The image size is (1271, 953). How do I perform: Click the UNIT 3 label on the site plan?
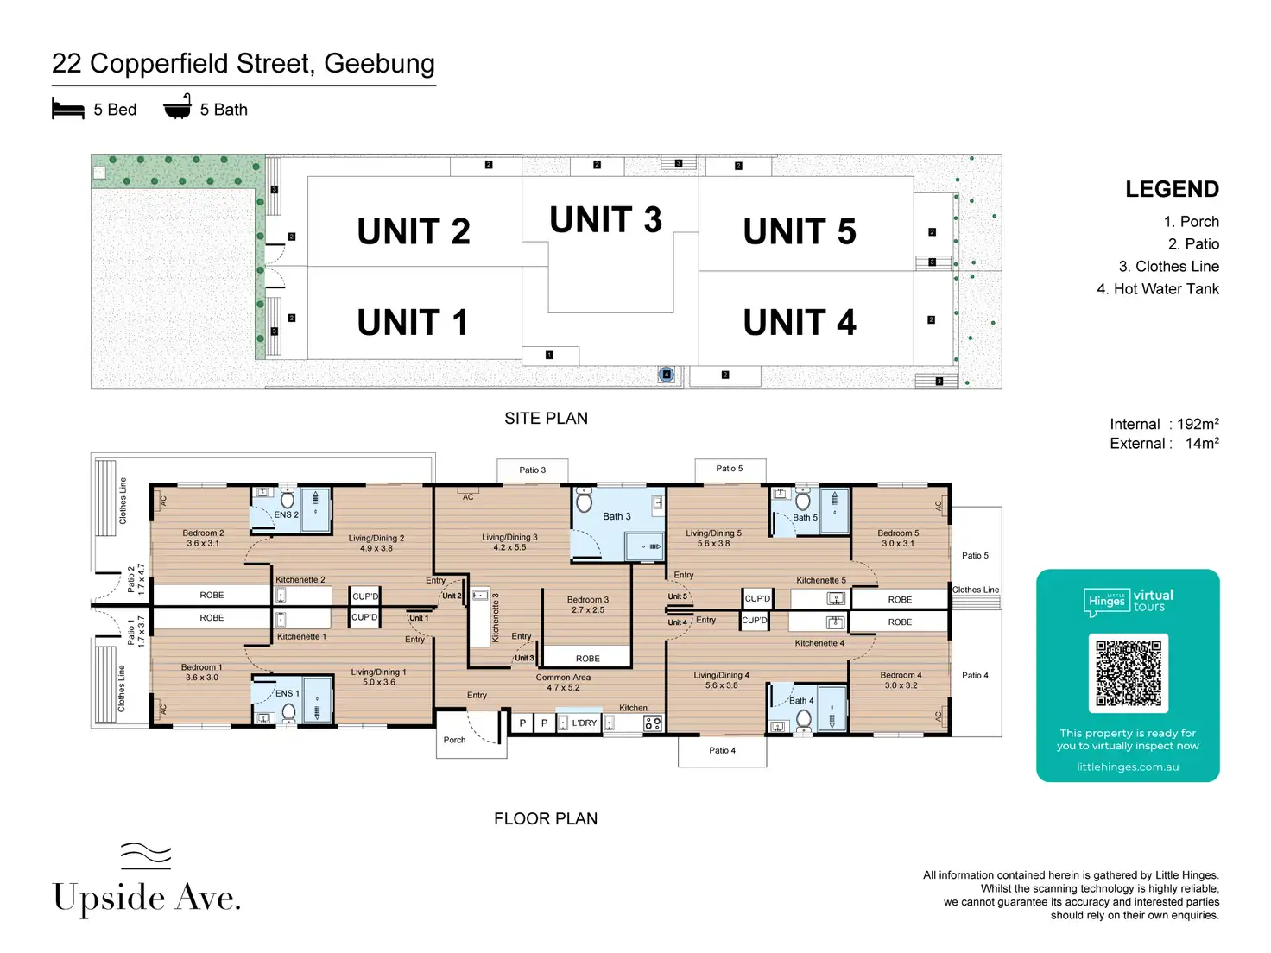[605, 220]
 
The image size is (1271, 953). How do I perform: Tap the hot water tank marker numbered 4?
[666, 375]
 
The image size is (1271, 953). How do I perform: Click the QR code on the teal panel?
[1128, 673]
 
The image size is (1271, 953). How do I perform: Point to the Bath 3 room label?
[617, 516]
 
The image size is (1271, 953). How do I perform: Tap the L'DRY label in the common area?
[584, 723]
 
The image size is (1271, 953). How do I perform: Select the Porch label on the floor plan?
[454, 740]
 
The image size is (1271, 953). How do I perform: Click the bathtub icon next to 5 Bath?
[178, 107]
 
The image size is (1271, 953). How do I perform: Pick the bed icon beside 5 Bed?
[68, 109]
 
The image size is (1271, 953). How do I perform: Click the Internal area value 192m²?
[1198, 424]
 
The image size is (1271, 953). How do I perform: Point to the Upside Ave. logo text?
[147, 898]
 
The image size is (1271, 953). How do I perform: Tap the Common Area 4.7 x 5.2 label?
[563, 683]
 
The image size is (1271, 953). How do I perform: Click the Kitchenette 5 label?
[820, 580]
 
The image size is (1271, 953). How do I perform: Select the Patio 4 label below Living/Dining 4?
[722, 750]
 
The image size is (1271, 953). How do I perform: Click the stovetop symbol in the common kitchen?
[653, 723]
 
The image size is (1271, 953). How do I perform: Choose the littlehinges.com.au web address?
[1128, 767]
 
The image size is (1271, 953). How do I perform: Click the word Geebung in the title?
[379, 64]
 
